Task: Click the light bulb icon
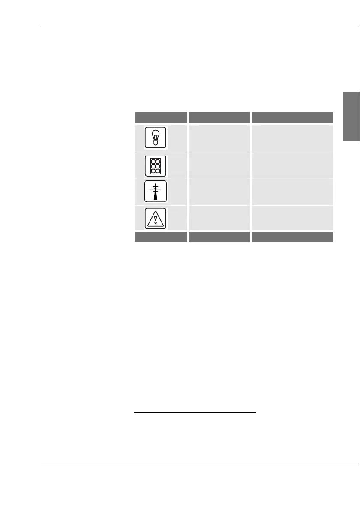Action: coord(155,138)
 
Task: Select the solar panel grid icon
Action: coord(155,166)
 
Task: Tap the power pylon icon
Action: coord(155,192)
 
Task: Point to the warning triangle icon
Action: coord(155,218)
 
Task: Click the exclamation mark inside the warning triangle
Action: coord(155,220)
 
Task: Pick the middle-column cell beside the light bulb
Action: coord(219,138)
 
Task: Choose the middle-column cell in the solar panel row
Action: coord(219,166)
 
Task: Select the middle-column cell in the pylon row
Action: coord(219,192)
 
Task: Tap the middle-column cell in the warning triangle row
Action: coord(219,218)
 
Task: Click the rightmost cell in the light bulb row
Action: coord(292,138)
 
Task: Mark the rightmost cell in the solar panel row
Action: coord(292,166)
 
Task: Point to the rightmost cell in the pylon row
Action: coord(292,192)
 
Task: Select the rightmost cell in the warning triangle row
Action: coord(292,218)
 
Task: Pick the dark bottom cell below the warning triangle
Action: coord(161,237)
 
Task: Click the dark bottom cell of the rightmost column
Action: coord(292,237)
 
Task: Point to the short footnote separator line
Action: coord(195,413)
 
